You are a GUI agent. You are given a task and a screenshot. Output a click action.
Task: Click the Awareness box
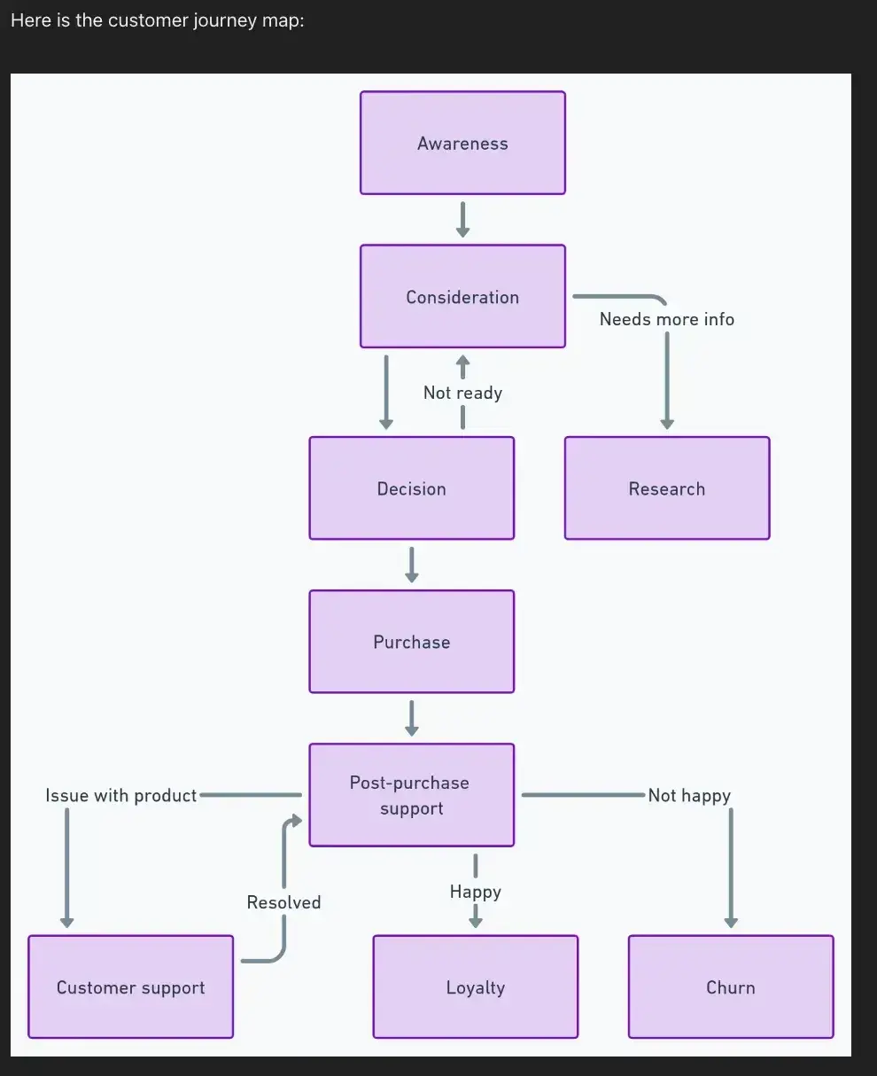(462, 143)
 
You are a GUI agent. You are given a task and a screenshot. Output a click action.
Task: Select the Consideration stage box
(462, 296)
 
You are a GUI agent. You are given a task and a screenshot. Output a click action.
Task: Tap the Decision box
(411, 488)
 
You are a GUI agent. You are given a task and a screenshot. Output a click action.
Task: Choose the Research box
(666, 488)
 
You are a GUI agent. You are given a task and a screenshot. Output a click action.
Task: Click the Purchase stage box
(411, 642)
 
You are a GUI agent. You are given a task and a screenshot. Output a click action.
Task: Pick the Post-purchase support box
(411, 795)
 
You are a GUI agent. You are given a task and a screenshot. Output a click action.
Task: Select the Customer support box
(130, 986)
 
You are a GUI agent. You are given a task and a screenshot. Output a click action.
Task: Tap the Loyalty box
(475, 986)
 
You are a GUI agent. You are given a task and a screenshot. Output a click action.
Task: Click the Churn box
(730, 986)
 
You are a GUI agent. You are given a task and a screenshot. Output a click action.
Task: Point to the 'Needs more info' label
(666, 319)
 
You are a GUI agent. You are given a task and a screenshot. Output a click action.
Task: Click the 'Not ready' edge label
(462, 393)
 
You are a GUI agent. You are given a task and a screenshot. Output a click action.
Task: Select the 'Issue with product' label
(120, 795)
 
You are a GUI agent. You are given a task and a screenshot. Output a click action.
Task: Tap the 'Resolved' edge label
(283, 902)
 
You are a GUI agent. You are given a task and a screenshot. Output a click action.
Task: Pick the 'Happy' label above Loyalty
(475, 892)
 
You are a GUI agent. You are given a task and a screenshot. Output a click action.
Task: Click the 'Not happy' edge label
(688, 795)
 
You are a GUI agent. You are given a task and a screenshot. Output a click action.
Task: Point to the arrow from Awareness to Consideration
(462, 220)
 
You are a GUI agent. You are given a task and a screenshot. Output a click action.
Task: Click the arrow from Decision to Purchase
(411, 565)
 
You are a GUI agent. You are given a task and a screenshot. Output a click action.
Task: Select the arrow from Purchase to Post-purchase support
(411, 718)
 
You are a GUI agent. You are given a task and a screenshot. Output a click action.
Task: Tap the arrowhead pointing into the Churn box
(730, 922)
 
